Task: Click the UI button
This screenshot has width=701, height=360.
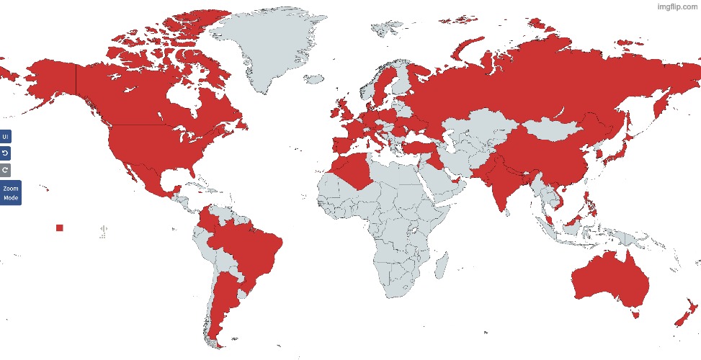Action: point(5,137)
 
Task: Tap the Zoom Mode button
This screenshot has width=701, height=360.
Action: point(10,193)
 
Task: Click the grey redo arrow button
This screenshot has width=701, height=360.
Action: point(5,170)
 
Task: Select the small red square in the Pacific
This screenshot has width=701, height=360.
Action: point(60,228)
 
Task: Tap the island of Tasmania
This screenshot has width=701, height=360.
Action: point(635,313)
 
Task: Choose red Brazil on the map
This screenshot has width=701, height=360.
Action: point(249,245)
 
